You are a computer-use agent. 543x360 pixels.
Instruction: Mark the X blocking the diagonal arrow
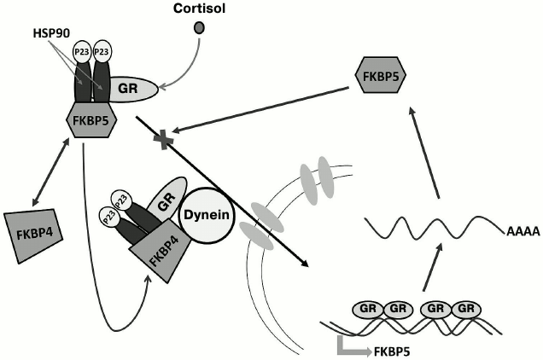tap(158, 140)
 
